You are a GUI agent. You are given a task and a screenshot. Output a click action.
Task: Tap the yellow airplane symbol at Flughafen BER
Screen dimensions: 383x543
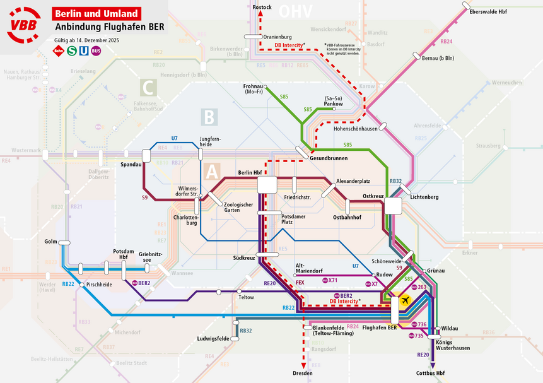[x=405, y=300]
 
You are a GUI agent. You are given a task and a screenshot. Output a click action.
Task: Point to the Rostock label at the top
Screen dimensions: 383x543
[x=262, y=8]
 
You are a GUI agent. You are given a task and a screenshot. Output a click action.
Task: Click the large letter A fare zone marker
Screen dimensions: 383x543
[x=213, y=171]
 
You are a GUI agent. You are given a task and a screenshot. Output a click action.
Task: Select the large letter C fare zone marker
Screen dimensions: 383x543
[x=148, y=88]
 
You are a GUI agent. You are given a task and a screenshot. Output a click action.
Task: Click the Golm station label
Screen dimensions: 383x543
[x=51, y=242]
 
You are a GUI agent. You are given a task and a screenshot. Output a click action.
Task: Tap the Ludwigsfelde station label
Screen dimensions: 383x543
[x=213, y=339]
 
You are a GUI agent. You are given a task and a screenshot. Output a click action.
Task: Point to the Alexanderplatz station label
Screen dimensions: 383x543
[x=353, y=180]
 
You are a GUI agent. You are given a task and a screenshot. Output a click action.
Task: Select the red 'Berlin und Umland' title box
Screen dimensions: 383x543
[x=96, y=13]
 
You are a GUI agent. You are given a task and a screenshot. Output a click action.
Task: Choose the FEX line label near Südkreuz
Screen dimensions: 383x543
[x=300, y=283]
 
